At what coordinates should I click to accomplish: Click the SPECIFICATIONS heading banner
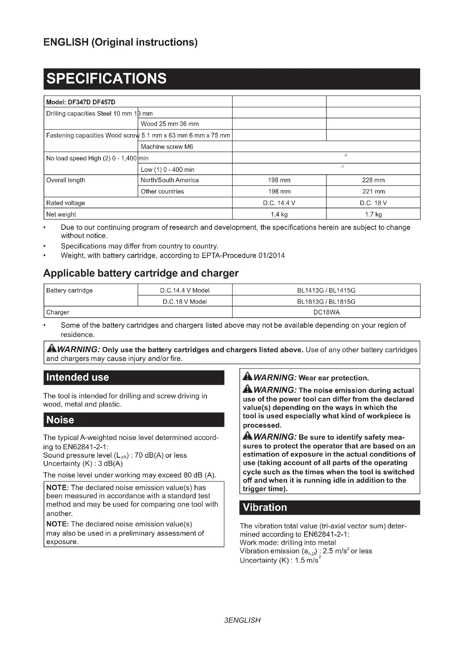point(232,79)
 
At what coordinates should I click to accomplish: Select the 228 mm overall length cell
point(373,180)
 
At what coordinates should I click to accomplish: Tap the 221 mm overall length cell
point(373,192)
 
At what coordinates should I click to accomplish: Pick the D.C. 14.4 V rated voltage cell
point(279,203)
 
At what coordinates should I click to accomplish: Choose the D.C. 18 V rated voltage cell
point(373,203)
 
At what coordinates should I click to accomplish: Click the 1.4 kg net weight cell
point(279,214)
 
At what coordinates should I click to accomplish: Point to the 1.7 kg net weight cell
point(373,214)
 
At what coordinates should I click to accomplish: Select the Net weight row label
point(61,214)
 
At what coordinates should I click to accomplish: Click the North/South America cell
point(170,180)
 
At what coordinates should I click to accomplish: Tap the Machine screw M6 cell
point(167,147)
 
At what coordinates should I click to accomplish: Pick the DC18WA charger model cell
point(326,312)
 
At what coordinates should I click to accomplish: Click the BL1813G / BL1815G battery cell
point(326,302)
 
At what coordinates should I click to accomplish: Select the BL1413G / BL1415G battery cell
point(326,290)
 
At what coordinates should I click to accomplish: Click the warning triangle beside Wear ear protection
point(247,377)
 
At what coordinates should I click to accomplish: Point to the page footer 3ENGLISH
point(242,620)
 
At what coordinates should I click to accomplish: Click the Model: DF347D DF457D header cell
point(81,102)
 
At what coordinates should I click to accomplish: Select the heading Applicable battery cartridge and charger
point(141,273)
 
